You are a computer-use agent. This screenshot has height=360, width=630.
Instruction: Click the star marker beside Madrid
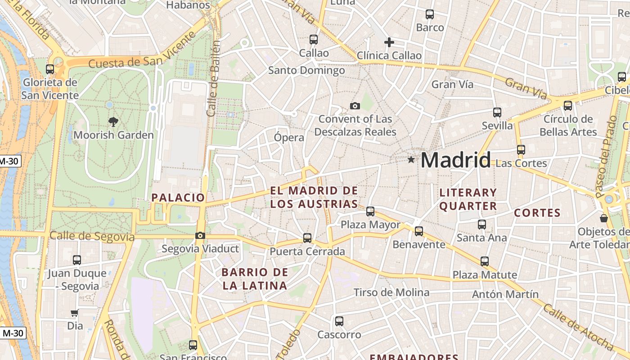click(x=411, y=159)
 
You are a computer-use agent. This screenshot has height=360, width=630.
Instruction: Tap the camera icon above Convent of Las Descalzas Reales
click(x=355, y=106)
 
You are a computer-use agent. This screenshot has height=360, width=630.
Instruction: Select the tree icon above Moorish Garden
click(x=113, y=121)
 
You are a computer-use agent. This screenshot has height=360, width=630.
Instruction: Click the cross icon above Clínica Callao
click(x=389, y=42)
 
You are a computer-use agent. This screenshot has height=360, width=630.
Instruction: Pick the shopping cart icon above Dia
click(x=75, y=313)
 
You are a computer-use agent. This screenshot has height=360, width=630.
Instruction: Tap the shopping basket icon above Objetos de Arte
click(x=604, y=218)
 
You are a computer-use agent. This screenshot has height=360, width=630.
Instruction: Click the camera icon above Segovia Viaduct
click(x=200, y=235)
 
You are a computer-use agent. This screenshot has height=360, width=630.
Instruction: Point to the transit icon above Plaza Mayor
click(x=370, y=211)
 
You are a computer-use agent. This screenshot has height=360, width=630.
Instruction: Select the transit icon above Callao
click(x=314, y=40)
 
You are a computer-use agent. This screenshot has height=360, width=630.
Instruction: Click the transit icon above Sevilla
click(x=497, y=112)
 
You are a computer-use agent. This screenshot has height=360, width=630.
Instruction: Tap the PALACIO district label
click(x=178, y=198)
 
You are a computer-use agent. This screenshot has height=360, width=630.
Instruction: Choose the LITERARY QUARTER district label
click(x=468, y=199)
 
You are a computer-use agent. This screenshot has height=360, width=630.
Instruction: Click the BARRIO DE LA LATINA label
click(x=254, y=279)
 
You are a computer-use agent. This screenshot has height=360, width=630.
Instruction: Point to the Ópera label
click(x=289, y=137)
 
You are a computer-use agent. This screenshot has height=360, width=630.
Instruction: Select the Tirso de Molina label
click(x=391, y=292)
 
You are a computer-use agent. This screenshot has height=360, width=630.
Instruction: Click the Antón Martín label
click(x=505, y=294)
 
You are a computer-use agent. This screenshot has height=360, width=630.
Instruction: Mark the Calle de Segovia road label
click(x=92, y=236)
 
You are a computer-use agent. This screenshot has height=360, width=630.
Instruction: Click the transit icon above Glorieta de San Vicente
click(x=50, y=69)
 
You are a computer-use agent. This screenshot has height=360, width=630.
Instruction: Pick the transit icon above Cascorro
click(x=339, y=321)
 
